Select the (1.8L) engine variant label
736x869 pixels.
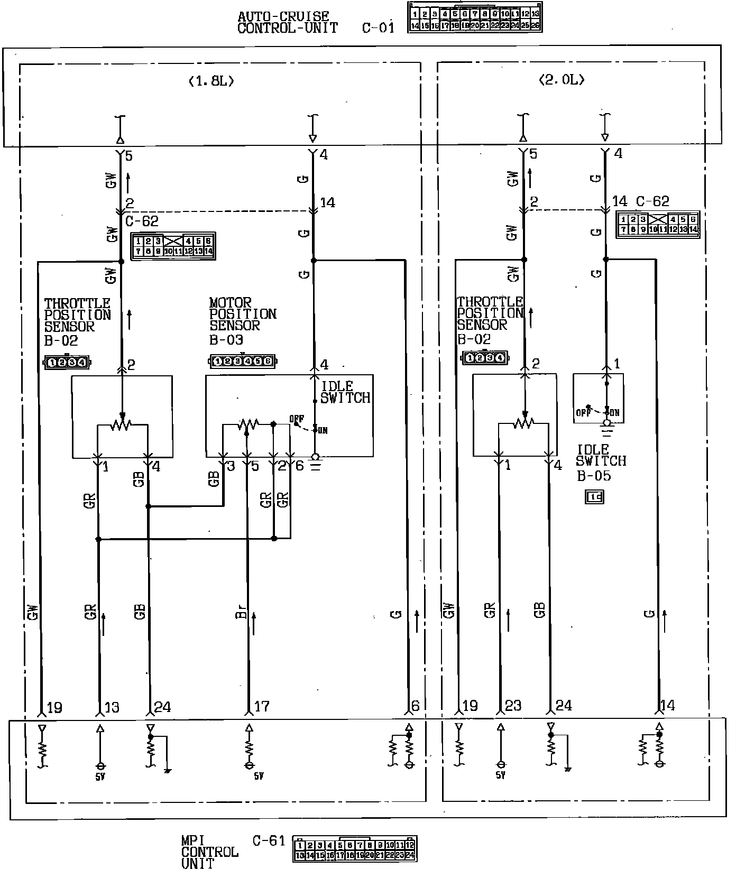point(211,81)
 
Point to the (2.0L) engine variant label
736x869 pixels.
point(562,80)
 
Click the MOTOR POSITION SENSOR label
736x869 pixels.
point(242,314)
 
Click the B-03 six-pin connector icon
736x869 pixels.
point(243,362)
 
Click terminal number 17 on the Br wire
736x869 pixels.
point(262,706)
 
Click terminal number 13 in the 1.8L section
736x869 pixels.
point(112,707)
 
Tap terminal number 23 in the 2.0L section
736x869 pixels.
point(513,706)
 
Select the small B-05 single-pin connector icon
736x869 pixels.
point(595,496)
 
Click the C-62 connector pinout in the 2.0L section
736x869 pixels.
point(658,224)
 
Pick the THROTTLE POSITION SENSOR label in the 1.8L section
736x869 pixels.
point(77,315)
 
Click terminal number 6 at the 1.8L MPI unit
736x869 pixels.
point(416,706)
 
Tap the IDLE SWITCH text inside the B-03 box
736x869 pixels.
point(345,392)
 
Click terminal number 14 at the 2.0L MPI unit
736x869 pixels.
point(668,706)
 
